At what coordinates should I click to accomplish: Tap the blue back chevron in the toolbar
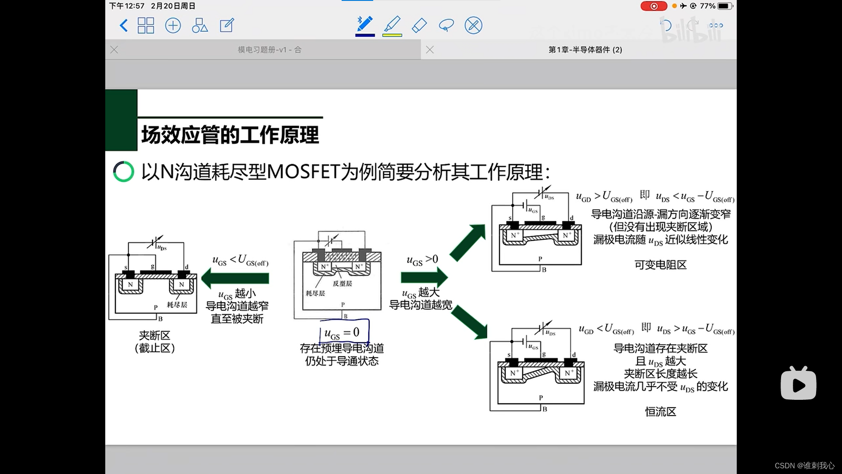(x=124, y=25)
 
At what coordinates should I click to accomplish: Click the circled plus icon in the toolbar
(x=173, y=25)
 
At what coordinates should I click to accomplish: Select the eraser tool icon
(x=420, y=25)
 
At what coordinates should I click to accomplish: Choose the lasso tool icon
(x=446, y=25)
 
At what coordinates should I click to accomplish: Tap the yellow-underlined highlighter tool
(x=392, y=25)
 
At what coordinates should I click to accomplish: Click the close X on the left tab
(x=114, y=50)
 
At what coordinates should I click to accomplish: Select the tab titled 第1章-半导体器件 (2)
(x=585, y=50)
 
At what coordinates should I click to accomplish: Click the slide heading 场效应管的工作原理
(x=230, y=135)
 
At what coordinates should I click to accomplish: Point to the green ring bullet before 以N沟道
(x=124, y=172)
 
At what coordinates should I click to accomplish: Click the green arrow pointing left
(x=235, y=278)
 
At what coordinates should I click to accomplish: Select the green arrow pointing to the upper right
(x=468, y=242)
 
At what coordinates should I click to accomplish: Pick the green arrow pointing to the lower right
(x=469, y=322)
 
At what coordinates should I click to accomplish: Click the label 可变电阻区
(x=660, y=265)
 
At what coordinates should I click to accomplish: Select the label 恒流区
(x=660, y=412)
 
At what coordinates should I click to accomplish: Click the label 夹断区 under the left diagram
(x=154, y=335)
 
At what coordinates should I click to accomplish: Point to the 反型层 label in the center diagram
(x=342, y=284)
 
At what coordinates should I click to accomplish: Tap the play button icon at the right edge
(x=798, y=384)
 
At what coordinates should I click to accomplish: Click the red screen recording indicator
(x=654, y=6)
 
